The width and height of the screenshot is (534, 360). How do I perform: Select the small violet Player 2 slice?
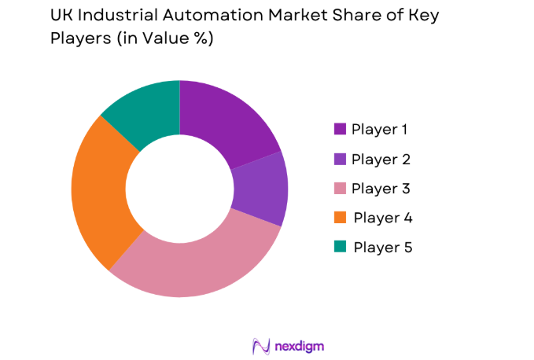click(262, 188)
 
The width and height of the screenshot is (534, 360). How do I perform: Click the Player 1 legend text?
click(379, 130)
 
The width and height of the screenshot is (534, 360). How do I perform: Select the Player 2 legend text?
click(380, 160)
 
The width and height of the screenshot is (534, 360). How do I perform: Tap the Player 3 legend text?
click(380, 189)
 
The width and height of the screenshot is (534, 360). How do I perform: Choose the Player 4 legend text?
click(382, 218)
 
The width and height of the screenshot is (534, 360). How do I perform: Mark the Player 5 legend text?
click(382, 247)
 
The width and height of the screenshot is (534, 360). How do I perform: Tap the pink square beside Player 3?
click(340, 189)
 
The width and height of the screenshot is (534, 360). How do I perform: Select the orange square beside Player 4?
click(340, 218)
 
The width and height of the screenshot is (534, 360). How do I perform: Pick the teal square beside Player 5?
click(340, 247)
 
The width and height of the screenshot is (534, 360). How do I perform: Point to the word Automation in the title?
click(213, 15)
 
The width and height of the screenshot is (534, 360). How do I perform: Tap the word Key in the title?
click(422, 15)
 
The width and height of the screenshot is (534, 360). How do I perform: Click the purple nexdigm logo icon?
click(260, 345)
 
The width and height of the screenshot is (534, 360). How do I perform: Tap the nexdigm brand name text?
click(299, 346)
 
